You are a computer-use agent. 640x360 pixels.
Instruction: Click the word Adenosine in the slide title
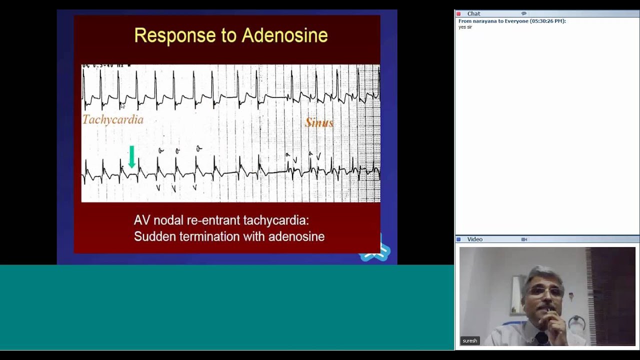coord(284,35)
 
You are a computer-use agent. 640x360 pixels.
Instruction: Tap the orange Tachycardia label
coord(113,120)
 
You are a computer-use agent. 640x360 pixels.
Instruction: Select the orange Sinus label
coord(319,122)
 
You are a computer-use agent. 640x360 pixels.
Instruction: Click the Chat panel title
coord(473,14)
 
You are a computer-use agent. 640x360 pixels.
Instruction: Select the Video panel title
coord(474,239)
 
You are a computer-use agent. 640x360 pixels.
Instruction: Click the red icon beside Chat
coord(458,14)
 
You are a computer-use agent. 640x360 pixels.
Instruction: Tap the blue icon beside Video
coord(458,239)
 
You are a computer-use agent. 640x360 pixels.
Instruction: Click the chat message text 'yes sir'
coord(465,27)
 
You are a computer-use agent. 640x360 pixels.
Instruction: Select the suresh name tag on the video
coord(469,340)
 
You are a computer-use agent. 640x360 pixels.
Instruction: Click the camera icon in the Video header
coord(524,239)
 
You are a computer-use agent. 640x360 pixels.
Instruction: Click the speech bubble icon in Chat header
coord(523,13)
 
